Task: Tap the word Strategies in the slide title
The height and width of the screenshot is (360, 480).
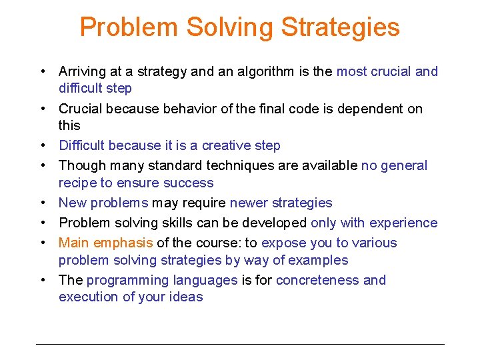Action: point(341,27)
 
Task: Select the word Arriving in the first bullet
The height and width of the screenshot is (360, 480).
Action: point(83,71)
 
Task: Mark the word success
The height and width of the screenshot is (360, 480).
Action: point(189,183)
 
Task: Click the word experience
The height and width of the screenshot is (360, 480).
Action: point(406,223)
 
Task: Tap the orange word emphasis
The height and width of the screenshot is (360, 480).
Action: point(125,243)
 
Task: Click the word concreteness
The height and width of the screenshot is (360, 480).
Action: point(317,280)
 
